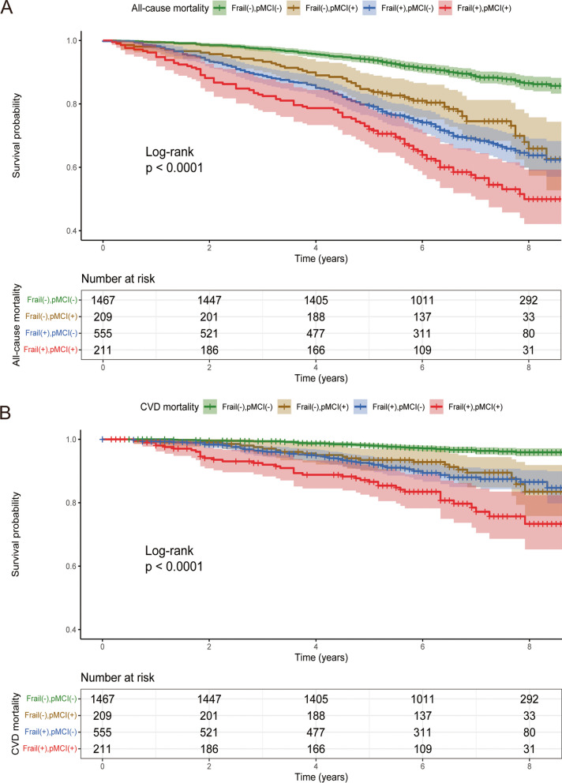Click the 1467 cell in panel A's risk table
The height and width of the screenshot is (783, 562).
tap(103, 300)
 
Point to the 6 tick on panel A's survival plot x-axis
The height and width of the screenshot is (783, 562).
tap(421, 246)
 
